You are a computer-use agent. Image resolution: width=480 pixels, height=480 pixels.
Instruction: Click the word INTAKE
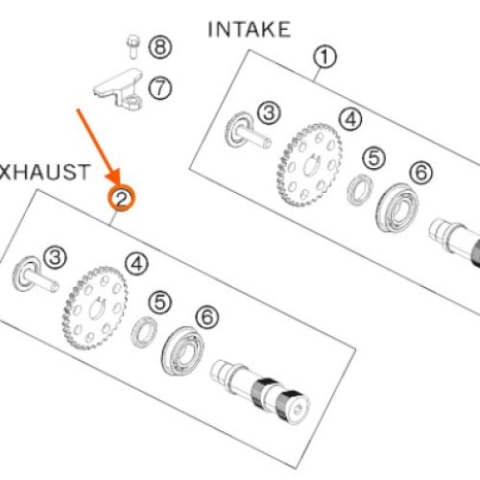coord(250,30)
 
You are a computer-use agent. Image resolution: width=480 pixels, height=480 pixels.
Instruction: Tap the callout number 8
coord(160,47)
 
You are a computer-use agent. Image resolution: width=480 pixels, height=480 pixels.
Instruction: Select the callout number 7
coord(160,88)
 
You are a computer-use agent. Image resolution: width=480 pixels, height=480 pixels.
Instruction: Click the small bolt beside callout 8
coord(133,47)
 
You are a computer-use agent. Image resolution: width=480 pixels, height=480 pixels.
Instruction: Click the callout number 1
coord(324,57)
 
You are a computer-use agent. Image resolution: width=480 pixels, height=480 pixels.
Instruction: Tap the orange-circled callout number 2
coord(122,199)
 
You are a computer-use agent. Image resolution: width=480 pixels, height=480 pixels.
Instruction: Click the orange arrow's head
coord(113,177)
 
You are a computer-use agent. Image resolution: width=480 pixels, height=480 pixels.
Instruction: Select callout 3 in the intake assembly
coord(269,112)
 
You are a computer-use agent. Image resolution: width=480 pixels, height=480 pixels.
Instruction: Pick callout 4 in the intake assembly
coord(350,119)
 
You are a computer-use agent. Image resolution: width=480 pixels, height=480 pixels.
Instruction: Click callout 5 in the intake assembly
coord(373,157)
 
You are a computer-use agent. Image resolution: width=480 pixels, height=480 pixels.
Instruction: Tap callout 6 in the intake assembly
coord(421,172)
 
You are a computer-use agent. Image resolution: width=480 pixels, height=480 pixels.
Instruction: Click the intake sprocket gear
coord(309,165)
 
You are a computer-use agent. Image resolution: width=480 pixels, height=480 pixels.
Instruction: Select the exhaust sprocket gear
coord(95,308)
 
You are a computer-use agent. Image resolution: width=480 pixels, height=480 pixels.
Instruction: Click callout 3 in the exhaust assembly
coord(55,257)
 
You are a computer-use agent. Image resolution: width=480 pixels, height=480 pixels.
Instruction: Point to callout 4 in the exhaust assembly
coord(136,264)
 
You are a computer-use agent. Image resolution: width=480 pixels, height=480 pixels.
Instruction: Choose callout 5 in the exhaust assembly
coord(160,302)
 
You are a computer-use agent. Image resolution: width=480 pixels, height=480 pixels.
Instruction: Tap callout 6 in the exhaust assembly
coord(207,317)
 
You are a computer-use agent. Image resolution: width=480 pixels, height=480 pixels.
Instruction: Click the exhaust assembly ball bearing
coord(182,350)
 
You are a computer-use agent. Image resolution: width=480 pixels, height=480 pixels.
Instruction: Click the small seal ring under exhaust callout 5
coord(144,332)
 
